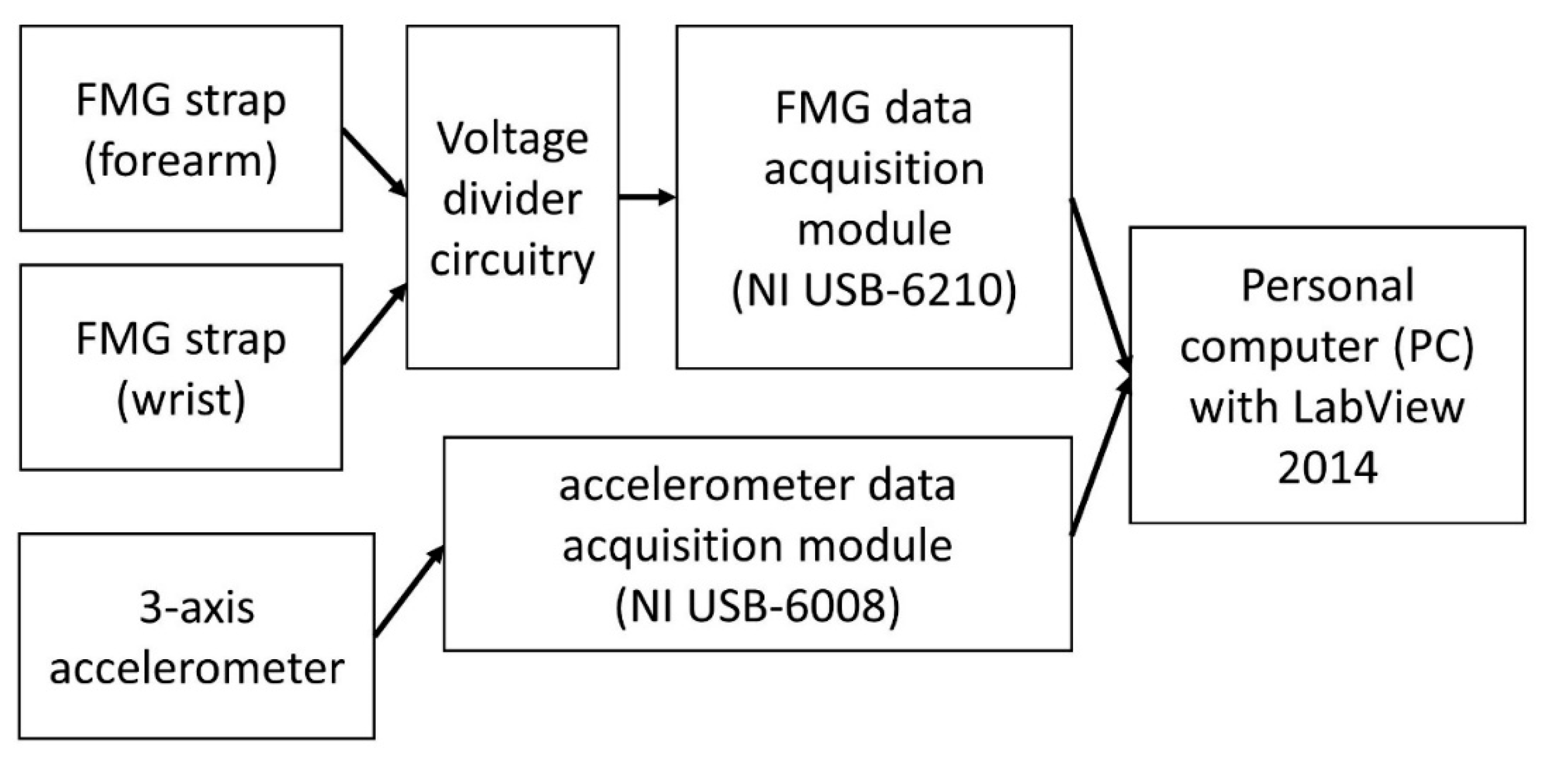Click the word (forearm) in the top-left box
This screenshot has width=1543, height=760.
[x=180, y=162]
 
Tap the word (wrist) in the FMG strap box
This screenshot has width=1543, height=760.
[x=181, y=401]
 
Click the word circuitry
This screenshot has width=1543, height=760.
[x=513, y=261]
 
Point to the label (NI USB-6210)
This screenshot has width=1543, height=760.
[x=874, y=291]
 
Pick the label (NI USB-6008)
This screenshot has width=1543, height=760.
[x=757, y=607]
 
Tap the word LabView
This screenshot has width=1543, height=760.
[x=1378, y=407]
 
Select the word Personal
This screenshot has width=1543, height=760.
[x=1327, y=286]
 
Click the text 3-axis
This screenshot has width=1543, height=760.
[x=196, y=608]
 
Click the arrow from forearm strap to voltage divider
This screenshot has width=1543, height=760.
[x=375, y=163]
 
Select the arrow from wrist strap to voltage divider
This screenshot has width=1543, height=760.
[x=375, y=325]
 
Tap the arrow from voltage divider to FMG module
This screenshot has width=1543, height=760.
[x=647, y=196]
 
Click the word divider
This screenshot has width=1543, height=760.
[x=513, y=199]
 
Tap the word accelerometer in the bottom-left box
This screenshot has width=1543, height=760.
[x=196, y=669]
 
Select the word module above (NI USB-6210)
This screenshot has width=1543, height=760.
[x=874, y=230]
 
